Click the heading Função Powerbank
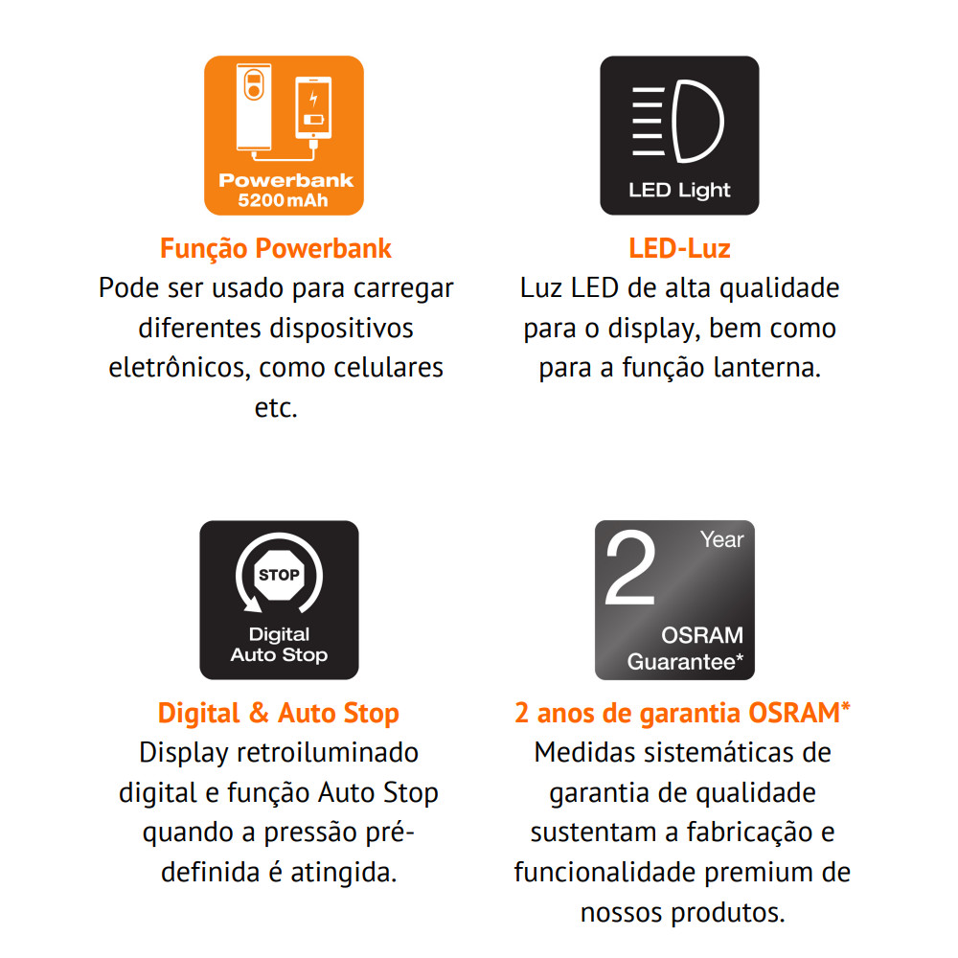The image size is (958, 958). click(276, 249)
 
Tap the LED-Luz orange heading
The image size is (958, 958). click(679, 249)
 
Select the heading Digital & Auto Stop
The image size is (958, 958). click(279, 714)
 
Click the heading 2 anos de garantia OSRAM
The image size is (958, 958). click(682, 713)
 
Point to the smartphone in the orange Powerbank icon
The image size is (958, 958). click(313, 108)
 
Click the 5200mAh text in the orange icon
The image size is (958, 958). click(283, 200)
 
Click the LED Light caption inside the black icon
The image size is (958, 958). click(679, 190)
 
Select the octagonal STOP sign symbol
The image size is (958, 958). click(279, 575)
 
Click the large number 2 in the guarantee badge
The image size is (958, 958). click(630, 568)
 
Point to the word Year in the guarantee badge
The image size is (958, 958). click(722, 539)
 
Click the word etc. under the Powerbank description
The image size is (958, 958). click(276, 408)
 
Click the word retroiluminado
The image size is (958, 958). click(328, 753)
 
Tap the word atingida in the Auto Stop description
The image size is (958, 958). click(343, 873)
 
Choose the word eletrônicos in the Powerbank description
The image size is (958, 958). click(180, 368)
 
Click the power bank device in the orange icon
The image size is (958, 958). click(254, 107)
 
